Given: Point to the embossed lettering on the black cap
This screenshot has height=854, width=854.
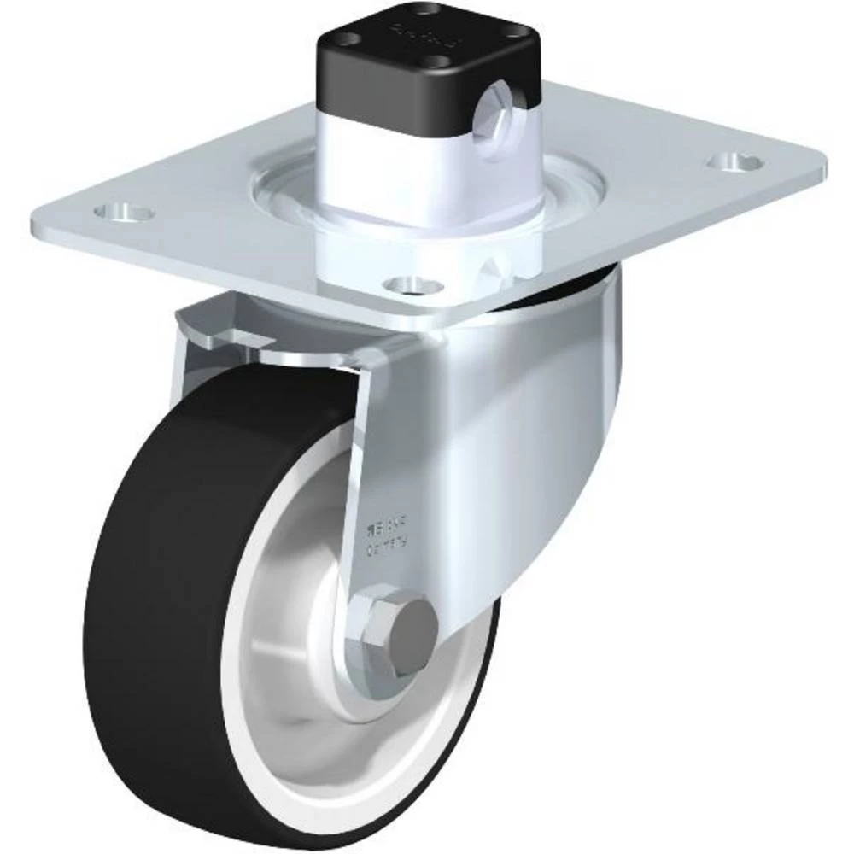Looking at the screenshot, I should (x=423, y=35).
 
